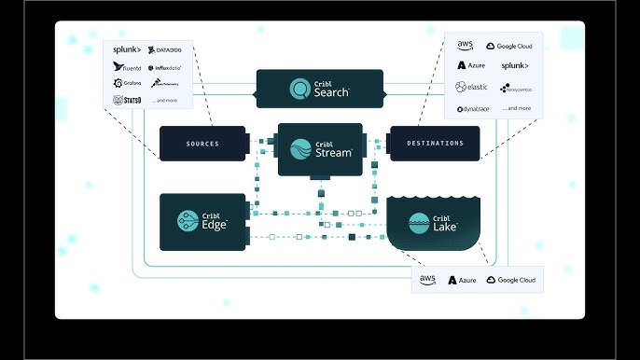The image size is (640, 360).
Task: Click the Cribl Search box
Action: [320, 90]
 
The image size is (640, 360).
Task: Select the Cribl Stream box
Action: [320, 149]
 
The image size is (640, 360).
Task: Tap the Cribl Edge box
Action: [202, 221]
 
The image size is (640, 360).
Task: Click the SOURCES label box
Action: [202, 144]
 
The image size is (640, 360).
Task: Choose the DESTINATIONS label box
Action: [435, 144]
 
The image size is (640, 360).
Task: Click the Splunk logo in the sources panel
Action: [127, 50]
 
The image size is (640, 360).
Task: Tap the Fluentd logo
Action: [127, 67]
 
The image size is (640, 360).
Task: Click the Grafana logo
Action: [127, 83]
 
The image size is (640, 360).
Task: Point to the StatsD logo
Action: [126, 100]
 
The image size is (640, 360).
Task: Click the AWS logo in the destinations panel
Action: [465, 45]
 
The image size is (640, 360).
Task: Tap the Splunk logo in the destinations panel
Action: [515, 66]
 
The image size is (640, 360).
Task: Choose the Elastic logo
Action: [472, 87]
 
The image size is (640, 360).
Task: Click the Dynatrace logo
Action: [474, 109]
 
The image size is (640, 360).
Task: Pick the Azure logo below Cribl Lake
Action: [463, 280]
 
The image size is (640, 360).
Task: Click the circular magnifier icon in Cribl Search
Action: [300, 90]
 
